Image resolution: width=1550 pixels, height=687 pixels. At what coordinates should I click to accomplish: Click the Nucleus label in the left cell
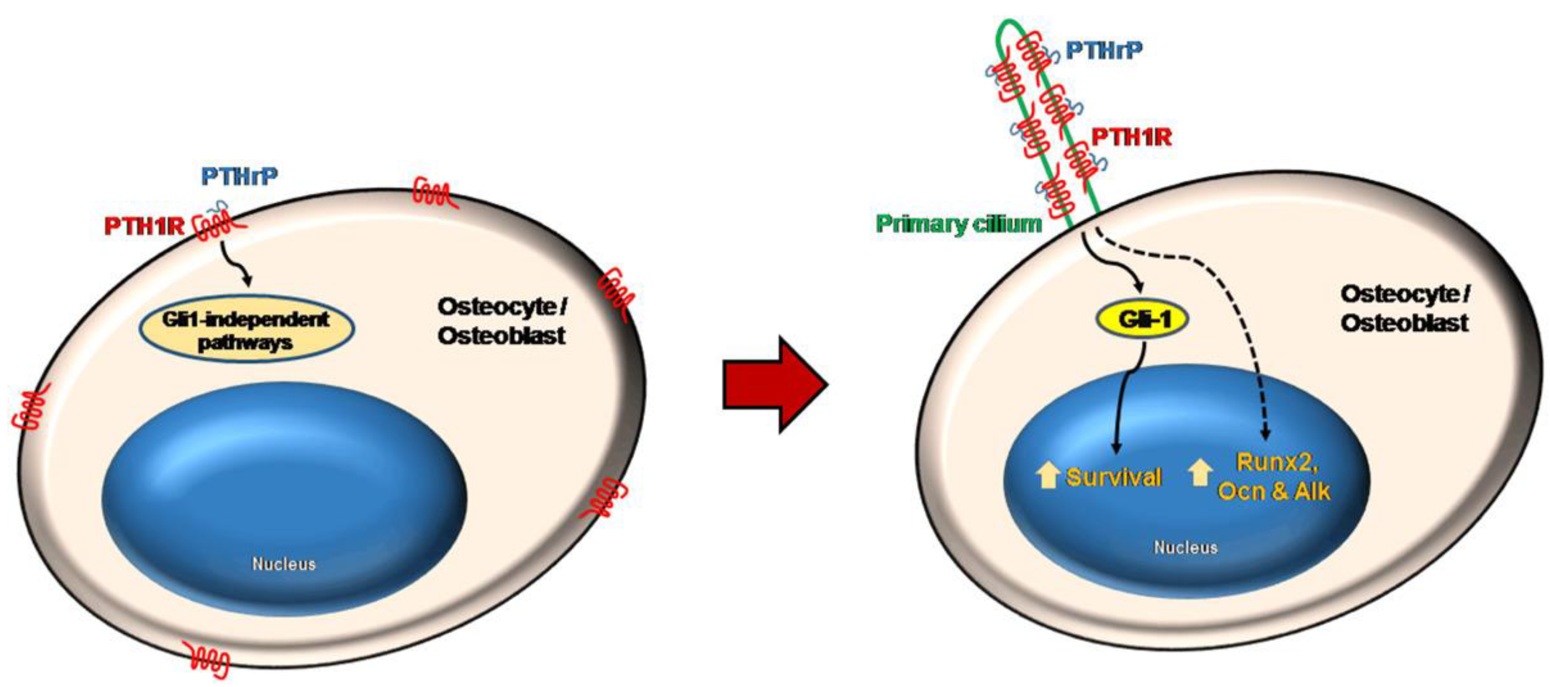coord(283,564)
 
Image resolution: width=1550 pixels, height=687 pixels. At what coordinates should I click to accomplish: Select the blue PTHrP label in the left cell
coord(240,176)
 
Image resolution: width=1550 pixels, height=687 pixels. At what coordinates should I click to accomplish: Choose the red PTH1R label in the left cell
coord(145,226)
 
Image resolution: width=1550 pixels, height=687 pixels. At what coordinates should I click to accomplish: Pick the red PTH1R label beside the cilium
coord(1131,137)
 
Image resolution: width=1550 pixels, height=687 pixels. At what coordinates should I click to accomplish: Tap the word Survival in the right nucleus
coord(1113,477)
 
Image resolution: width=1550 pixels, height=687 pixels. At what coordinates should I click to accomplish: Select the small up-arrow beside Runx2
coord(1200,472)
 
